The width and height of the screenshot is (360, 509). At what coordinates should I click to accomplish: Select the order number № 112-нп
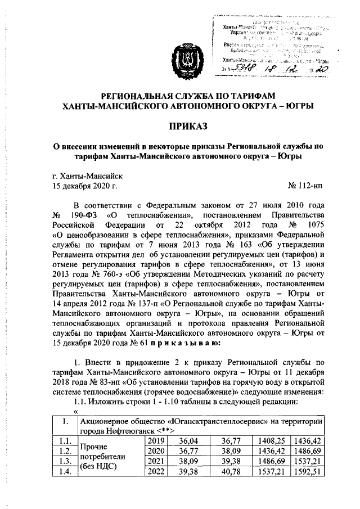point(306,184)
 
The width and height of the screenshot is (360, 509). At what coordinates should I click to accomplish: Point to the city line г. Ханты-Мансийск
point(84,174)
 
